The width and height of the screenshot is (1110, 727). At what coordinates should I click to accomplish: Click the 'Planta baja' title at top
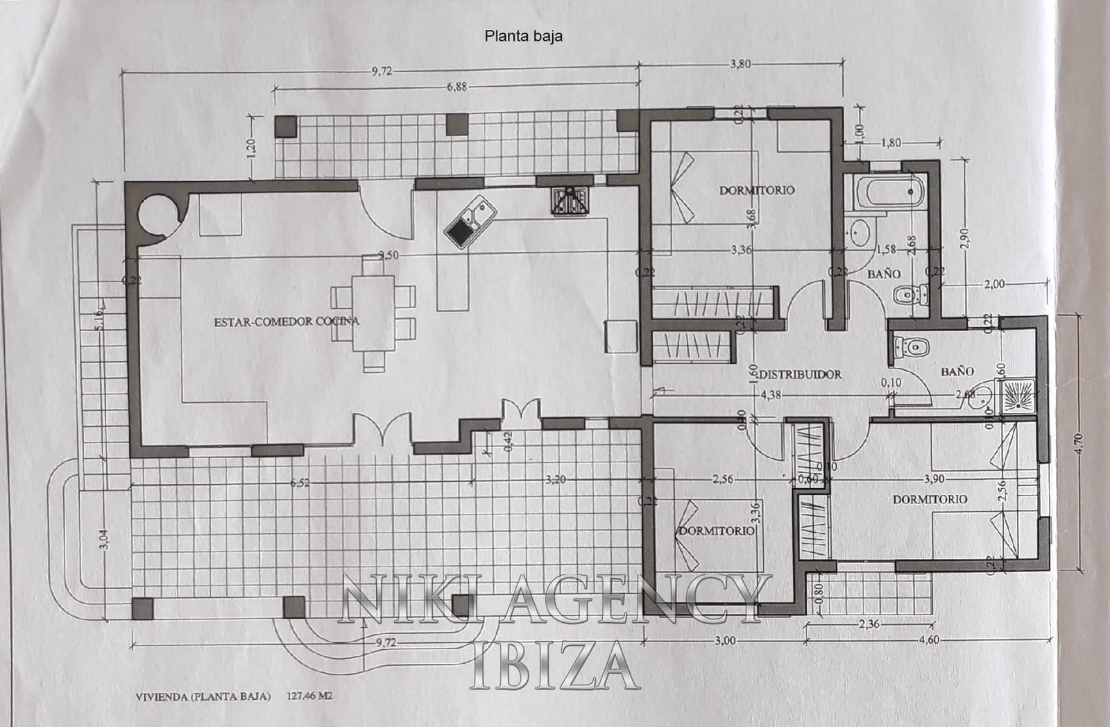pyautogui.click(x=523, y=37)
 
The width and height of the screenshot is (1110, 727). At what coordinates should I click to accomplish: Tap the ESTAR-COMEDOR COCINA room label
pyautogui.click(x=287, y=321)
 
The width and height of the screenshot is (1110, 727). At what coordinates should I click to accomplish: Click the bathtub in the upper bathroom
pyautogui.click(x=887, y=192)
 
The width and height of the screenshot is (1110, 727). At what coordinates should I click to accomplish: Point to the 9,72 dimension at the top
pyautogui.click(x=382, y=70)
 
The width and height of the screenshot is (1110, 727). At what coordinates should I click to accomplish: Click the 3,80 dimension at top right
pyautogui.click(x=740, y=64)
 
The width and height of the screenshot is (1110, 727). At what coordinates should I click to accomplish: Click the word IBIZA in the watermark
pyautogui.click(x=553, y=667)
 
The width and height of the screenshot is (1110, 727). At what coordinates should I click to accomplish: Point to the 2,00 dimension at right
pyautogui.click(x=995, y=283)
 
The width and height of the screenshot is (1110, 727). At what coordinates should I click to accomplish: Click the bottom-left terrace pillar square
pyautogui.click(x=142, y=608)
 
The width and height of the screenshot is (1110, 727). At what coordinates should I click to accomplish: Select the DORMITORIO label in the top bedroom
pyautogui.click(x=756, y=190)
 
